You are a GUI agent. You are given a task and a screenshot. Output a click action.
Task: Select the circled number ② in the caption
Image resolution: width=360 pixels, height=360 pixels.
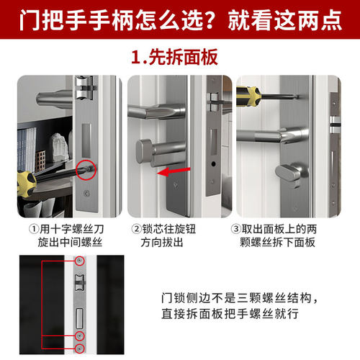click(137, 230)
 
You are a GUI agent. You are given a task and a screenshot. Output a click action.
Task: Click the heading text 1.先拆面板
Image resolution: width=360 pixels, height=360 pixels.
click(179, 56)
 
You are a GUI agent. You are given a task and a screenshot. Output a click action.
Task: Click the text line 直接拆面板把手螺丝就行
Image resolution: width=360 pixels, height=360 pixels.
click(233, 315)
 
